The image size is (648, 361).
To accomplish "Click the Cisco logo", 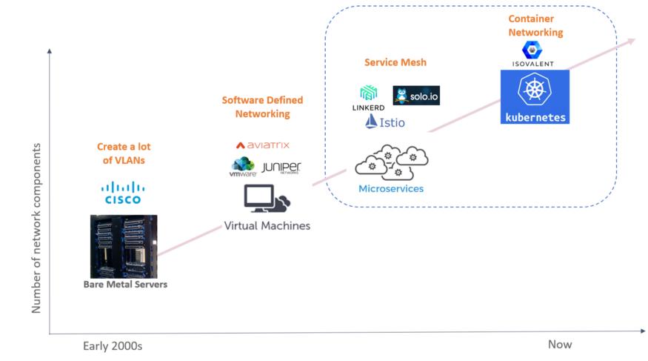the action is [x=123, y=193].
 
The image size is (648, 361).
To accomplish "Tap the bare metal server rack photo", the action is [x=124, y=246].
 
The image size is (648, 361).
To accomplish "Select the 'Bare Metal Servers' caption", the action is [x=125, y=285].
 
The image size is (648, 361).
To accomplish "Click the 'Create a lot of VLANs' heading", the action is [x=124, y=153].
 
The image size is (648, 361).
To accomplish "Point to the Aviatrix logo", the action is [x=263, y=145].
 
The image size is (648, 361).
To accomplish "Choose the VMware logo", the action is [x=243, y=167].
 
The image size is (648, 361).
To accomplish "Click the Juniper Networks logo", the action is [x=281, y=168].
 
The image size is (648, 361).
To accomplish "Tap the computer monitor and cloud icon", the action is [x=267, y=199].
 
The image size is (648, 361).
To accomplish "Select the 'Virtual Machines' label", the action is [x=267, y=226].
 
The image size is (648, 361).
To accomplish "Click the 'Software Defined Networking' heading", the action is [x=262, y=107].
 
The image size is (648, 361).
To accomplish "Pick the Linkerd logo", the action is [x=368, y=98].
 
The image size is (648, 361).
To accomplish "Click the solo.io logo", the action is [x=416, y=96].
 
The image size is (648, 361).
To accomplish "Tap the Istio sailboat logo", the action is [x=385, y=122].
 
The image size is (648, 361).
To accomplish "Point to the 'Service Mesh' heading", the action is [x=395, y=62].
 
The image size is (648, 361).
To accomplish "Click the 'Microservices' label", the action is [x=391, y=188].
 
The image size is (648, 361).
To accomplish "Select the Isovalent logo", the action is [x=532, y=54].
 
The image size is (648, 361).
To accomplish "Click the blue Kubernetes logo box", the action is [x=535, y=97].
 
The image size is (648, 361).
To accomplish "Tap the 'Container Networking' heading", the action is [x=535, y=25].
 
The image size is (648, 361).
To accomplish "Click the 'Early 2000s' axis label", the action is [x=113, y=345].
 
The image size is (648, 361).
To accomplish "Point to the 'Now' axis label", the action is [x=560, y=345].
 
